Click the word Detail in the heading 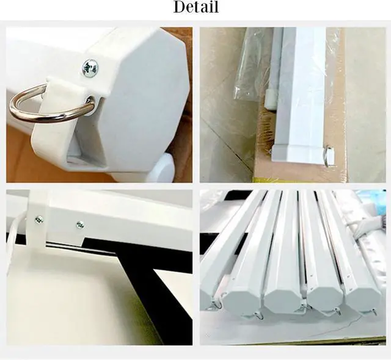(196, 7)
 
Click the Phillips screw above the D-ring (90, 68)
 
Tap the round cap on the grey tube (269, 99)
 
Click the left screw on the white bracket (39, 220)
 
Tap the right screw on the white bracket (80, 225)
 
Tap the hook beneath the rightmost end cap (373, 311)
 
